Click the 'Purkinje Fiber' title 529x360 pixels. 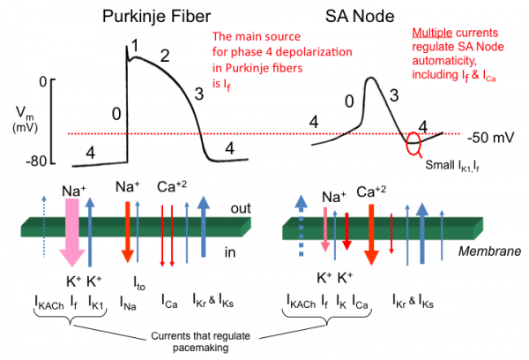point(154,18)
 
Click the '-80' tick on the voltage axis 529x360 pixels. point(34,162)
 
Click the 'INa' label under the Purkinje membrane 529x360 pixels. point(129,305)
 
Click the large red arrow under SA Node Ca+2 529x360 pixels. point(371,234)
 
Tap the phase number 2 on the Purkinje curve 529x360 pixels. point(165,56)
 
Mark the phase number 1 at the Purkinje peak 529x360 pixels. point(135,44)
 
